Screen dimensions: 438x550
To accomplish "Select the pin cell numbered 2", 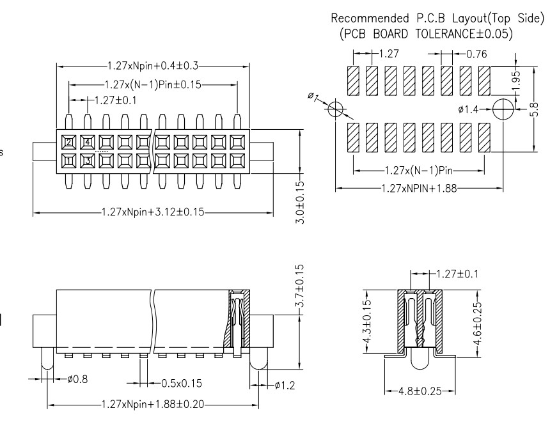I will [x=68, y=141].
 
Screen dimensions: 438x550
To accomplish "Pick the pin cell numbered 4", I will [x=88, y=141].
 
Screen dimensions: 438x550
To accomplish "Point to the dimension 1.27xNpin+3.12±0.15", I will [x=154, y=212].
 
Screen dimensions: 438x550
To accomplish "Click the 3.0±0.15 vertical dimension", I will [x=301, y=202].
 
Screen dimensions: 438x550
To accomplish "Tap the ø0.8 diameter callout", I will [x=77, y=379].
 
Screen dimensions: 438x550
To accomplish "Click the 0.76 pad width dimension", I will [x=476, y=54].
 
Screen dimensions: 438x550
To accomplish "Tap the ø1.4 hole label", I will [x=469, y=110].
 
